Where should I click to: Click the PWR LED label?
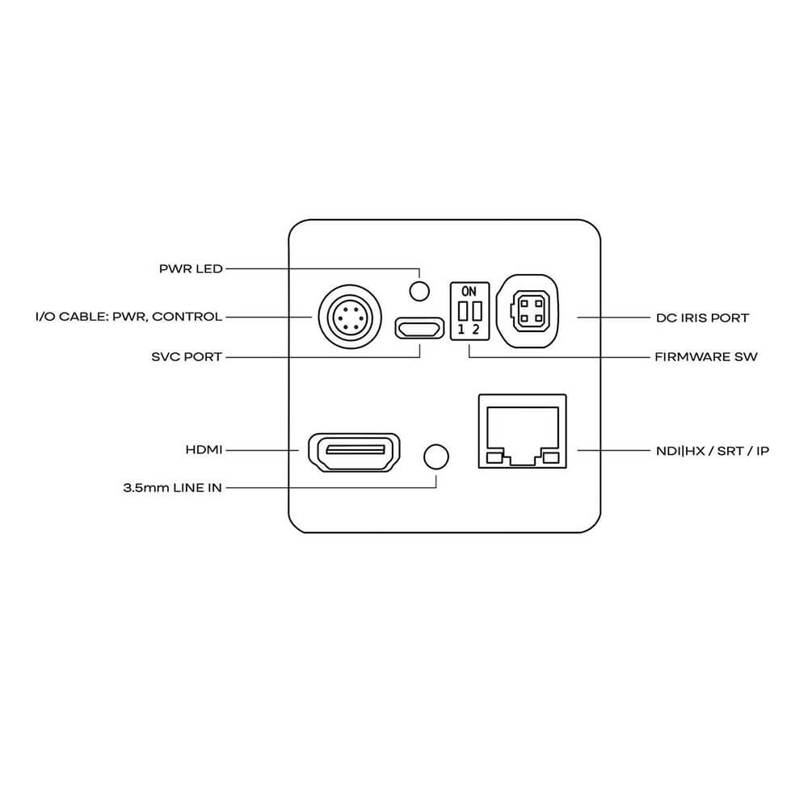[191, 269]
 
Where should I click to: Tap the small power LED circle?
[419, 289]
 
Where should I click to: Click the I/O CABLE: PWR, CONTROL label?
[128, 317]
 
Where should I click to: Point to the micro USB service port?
[419, 328]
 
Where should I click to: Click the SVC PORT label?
[187, 356]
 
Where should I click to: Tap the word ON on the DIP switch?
[469, 290]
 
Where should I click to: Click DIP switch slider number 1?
[462, 310]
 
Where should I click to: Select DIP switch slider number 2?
[477, 310]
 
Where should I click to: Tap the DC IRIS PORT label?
[702, 318]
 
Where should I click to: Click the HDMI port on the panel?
[352, 452]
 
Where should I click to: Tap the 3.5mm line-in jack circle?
[436, 456]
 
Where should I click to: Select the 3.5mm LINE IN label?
[172, 488]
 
